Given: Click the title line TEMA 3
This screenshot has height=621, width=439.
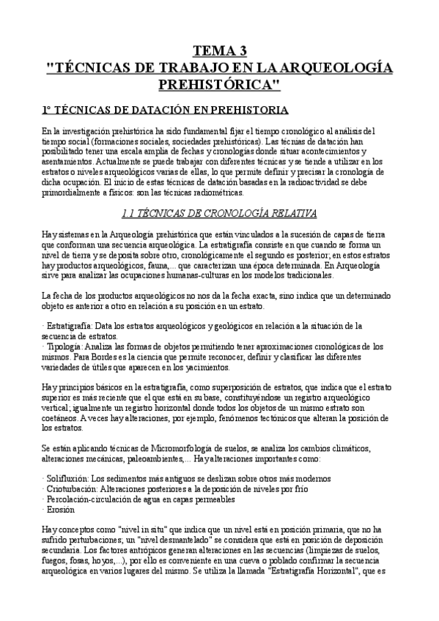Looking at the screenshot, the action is (x=219, y=51).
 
